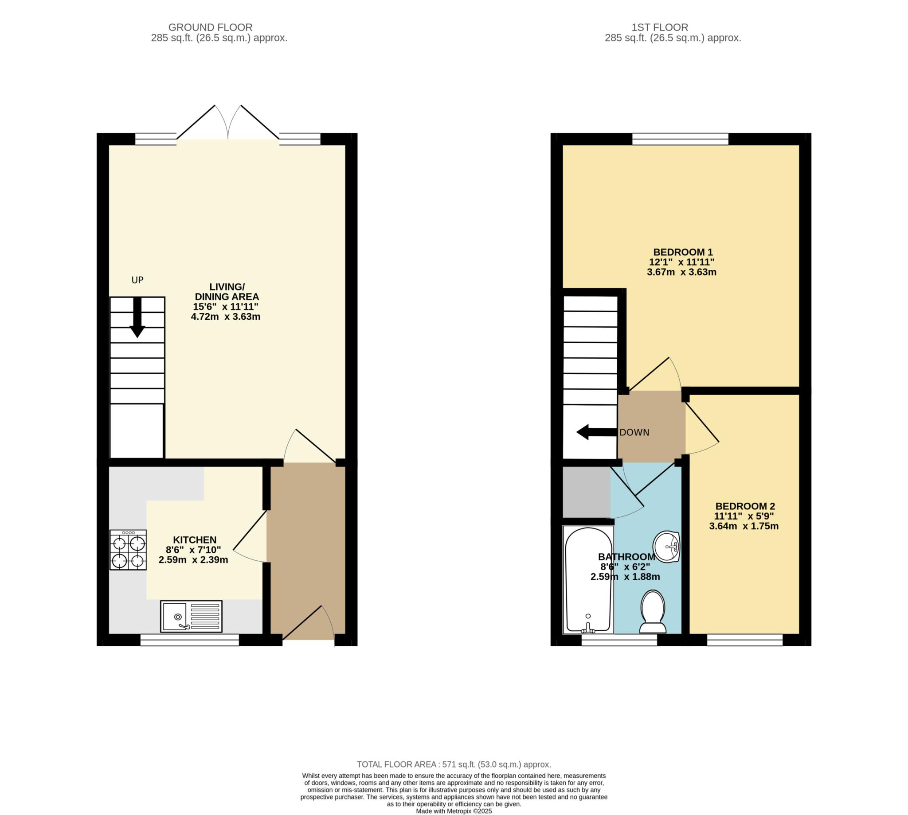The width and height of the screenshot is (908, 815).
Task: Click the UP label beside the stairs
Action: point(137,280)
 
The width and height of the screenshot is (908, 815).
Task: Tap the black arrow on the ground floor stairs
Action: point(137,317)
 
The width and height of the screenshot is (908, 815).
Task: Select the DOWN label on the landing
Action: point(634,433)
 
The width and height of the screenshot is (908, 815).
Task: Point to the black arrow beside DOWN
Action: point(596,433)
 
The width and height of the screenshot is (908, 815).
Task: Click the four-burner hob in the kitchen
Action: point(128,550)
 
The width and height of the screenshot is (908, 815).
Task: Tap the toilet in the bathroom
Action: point(653,612)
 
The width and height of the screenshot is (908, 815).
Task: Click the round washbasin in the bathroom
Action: point(667,546)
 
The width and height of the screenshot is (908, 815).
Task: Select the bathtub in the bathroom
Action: point(588,579)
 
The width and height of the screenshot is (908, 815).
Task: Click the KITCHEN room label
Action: point(195,540)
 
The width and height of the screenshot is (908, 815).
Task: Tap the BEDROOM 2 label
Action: point(745,506)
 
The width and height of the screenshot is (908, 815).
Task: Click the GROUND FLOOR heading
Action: point(210,27)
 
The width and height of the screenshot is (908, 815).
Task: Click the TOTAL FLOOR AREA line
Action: point(454,765)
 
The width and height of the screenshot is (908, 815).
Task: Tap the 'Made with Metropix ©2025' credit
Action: point(454,811)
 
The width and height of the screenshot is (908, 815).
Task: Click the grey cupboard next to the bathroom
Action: point(586,492)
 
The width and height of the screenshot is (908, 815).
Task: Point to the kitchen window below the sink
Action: point(190,640)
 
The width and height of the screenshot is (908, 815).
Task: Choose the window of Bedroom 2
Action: point(745,640)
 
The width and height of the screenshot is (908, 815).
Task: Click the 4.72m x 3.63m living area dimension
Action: point(225,317)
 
